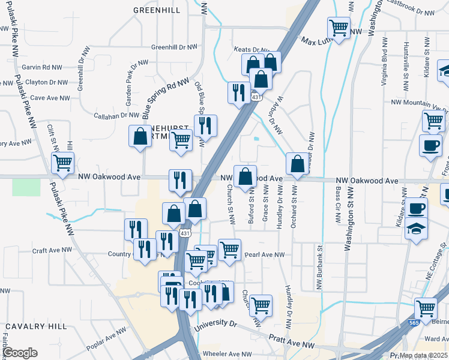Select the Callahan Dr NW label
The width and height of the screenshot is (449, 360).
[x=117, y=115]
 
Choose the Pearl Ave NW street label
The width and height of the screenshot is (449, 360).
[x=264, y=254]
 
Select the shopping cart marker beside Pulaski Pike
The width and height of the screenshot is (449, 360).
[x=62, y=161]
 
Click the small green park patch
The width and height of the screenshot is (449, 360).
[x=26, y=187]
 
